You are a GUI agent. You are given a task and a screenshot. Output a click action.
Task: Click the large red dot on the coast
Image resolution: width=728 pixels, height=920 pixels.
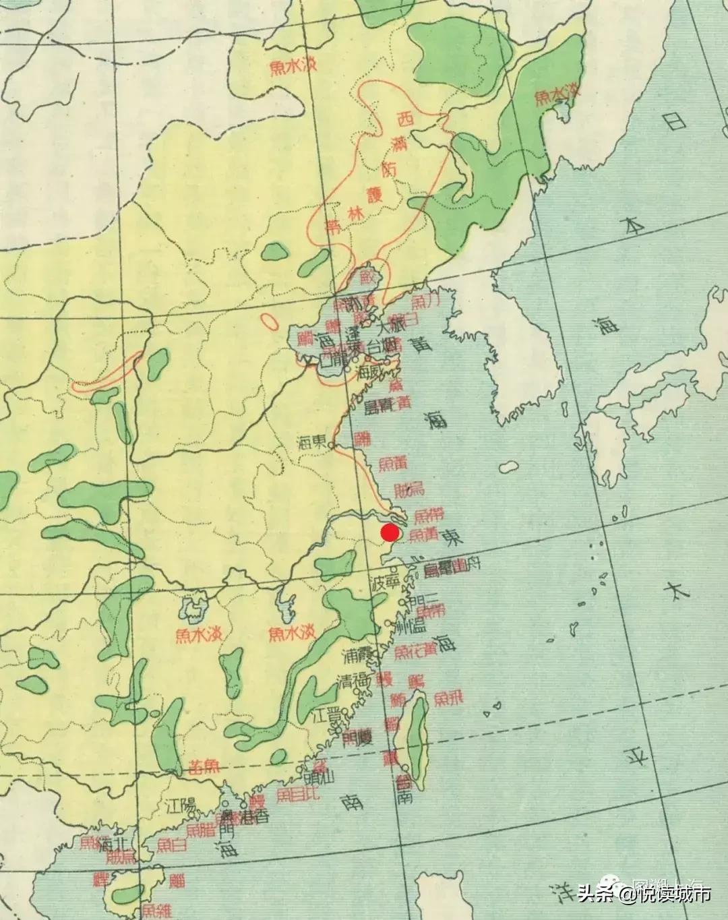pyautogui.click(x=390, y=532)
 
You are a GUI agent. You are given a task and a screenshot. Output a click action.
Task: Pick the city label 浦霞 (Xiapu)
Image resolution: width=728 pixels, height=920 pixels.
pyautogui.click(x=358, y=655)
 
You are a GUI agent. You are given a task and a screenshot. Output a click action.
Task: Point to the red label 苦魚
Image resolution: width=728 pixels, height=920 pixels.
pyautogui.click(x=204, y=766)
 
